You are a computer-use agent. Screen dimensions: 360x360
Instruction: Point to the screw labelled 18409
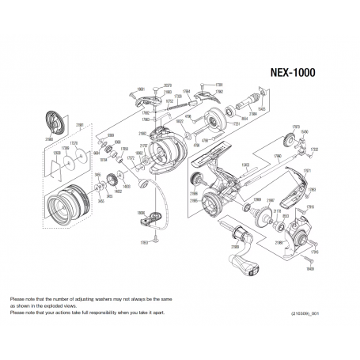click(310, 270)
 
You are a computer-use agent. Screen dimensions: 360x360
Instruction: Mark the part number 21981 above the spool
click(79, 125)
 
